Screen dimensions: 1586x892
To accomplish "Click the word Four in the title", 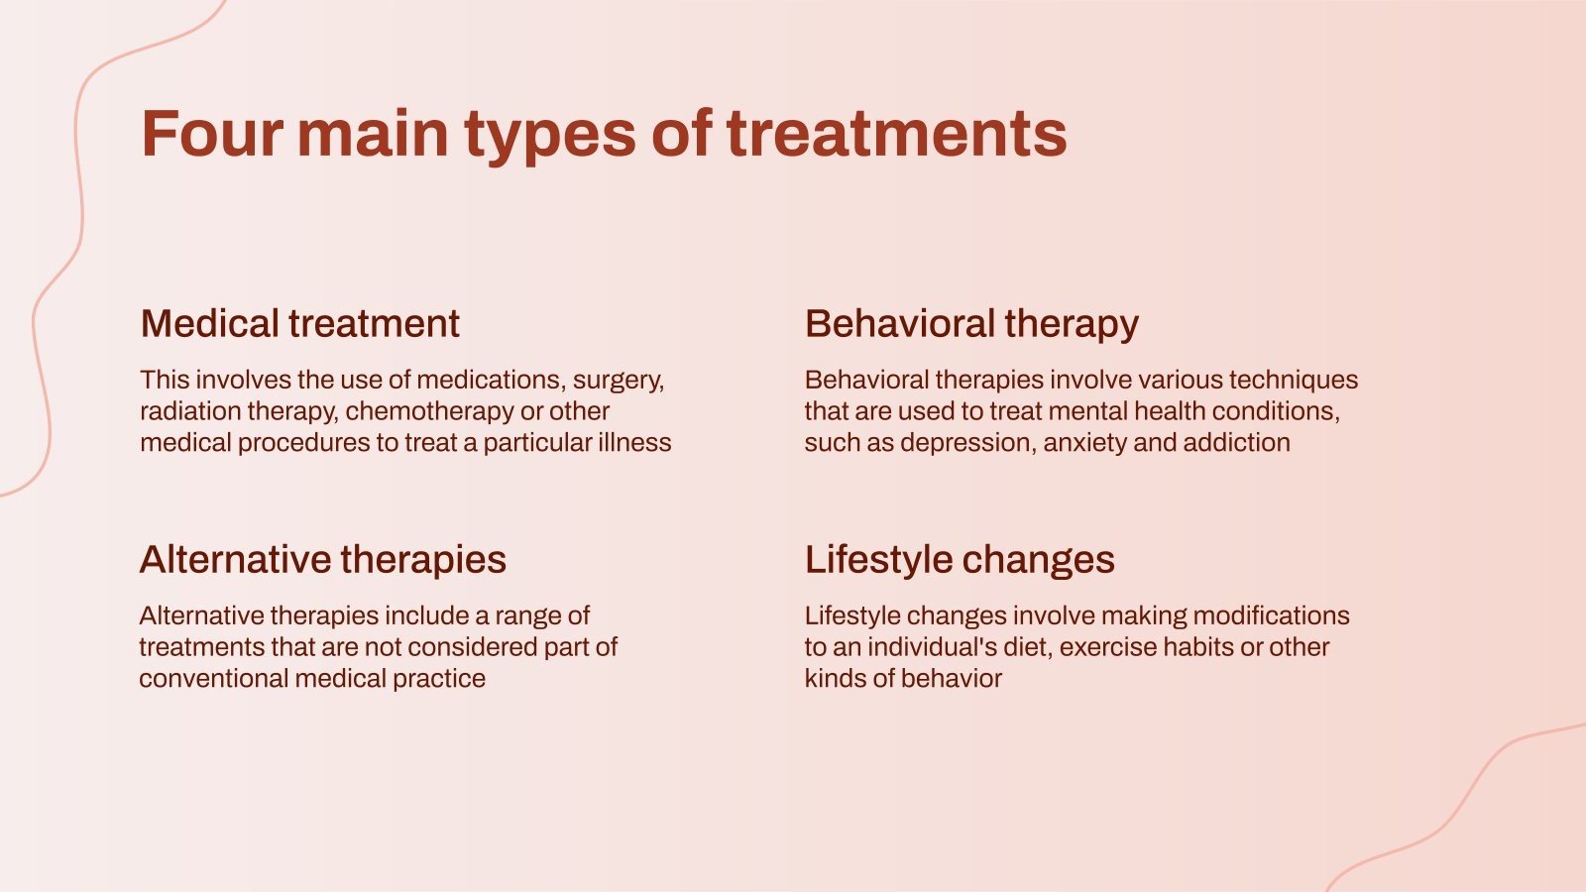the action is pyautogui.click(x=212, y=134).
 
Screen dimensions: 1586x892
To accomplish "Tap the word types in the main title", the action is pyautogui.click(x=550, y=137).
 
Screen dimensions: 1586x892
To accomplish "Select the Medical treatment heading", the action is pyautogui.click(x=300, y=323).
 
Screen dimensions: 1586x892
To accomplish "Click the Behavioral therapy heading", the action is pyautogui.click(x=971, y=325).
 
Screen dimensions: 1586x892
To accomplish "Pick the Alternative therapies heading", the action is pyautogui.click(x=323, y=560).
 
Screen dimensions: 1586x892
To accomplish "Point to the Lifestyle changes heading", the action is pyautogui.click(x=960, y=560).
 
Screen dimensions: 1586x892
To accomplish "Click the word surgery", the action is pyautogui.click(x=619, y=382).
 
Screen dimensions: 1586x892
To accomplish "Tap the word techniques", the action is pyautogui.click(x=1294, y=381).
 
